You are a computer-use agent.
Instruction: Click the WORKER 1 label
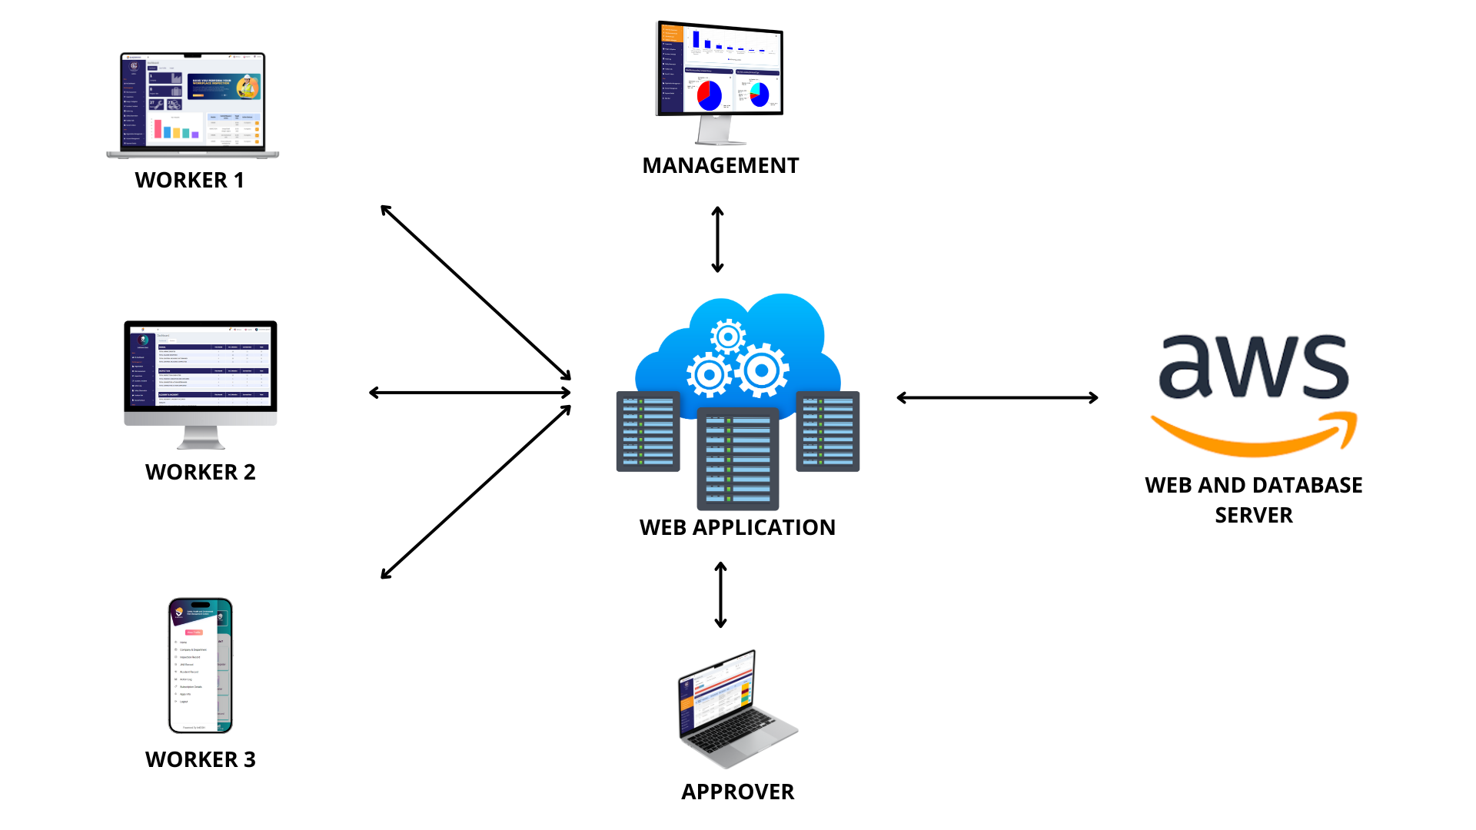(x=189, y=180)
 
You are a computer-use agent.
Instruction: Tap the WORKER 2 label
(x=200, y=472)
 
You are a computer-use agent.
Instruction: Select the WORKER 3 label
(x=200, y=759)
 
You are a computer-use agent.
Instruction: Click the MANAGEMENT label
(x=720, y=165)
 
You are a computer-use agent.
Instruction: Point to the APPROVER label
(x=737, y=792)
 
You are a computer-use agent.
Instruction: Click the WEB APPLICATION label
(x=737, y=527)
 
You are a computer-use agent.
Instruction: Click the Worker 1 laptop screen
(x=193, y=101)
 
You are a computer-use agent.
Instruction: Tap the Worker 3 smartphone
(x=200, y=666)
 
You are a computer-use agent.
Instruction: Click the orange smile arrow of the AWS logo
(x=1253, y=435)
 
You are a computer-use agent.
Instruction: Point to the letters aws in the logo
(x=1253, y=367)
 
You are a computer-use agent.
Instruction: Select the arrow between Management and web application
(x=717, y=240)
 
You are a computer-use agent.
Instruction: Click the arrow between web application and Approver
(x=720, y=595)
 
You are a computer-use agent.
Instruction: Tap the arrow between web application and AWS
(x=997, y=397)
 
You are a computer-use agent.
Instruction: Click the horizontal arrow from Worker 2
(x=470, y=393)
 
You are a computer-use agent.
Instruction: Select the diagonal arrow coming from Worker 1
(x=476, y=293)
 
